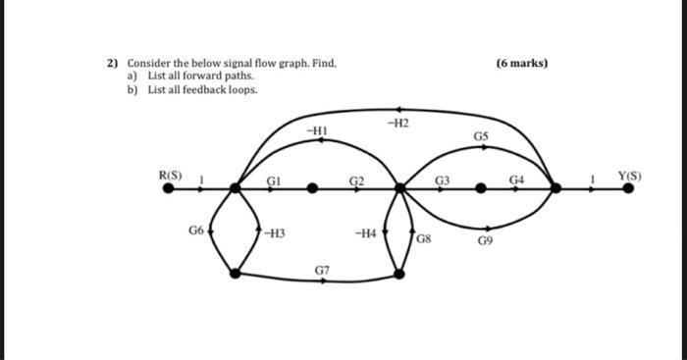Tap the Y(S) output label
629,177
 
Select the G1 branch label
276,180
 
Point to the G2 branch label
357,180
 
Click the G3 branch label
443,180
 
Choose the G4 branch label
517,180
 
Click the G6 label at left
196,231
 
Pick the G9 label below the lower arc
486,239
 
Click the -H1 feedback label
316,129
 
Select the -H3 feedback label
274,233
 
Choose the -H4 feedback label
364,233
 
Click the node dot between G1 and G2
313,188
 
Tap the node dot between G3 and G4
481,188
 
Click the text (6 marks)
522,64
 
